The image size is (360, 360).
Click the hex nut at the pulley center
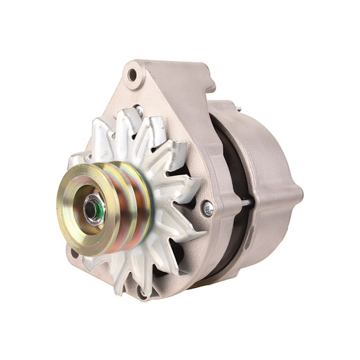(x=93, y=207)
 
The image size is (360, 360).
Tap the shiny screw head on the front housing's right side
(x=207, y=207)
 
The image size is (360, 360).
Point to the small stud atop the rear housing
(x=237, y=107)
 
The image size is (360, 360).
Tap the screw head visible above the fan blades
(x=138, y=111)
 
